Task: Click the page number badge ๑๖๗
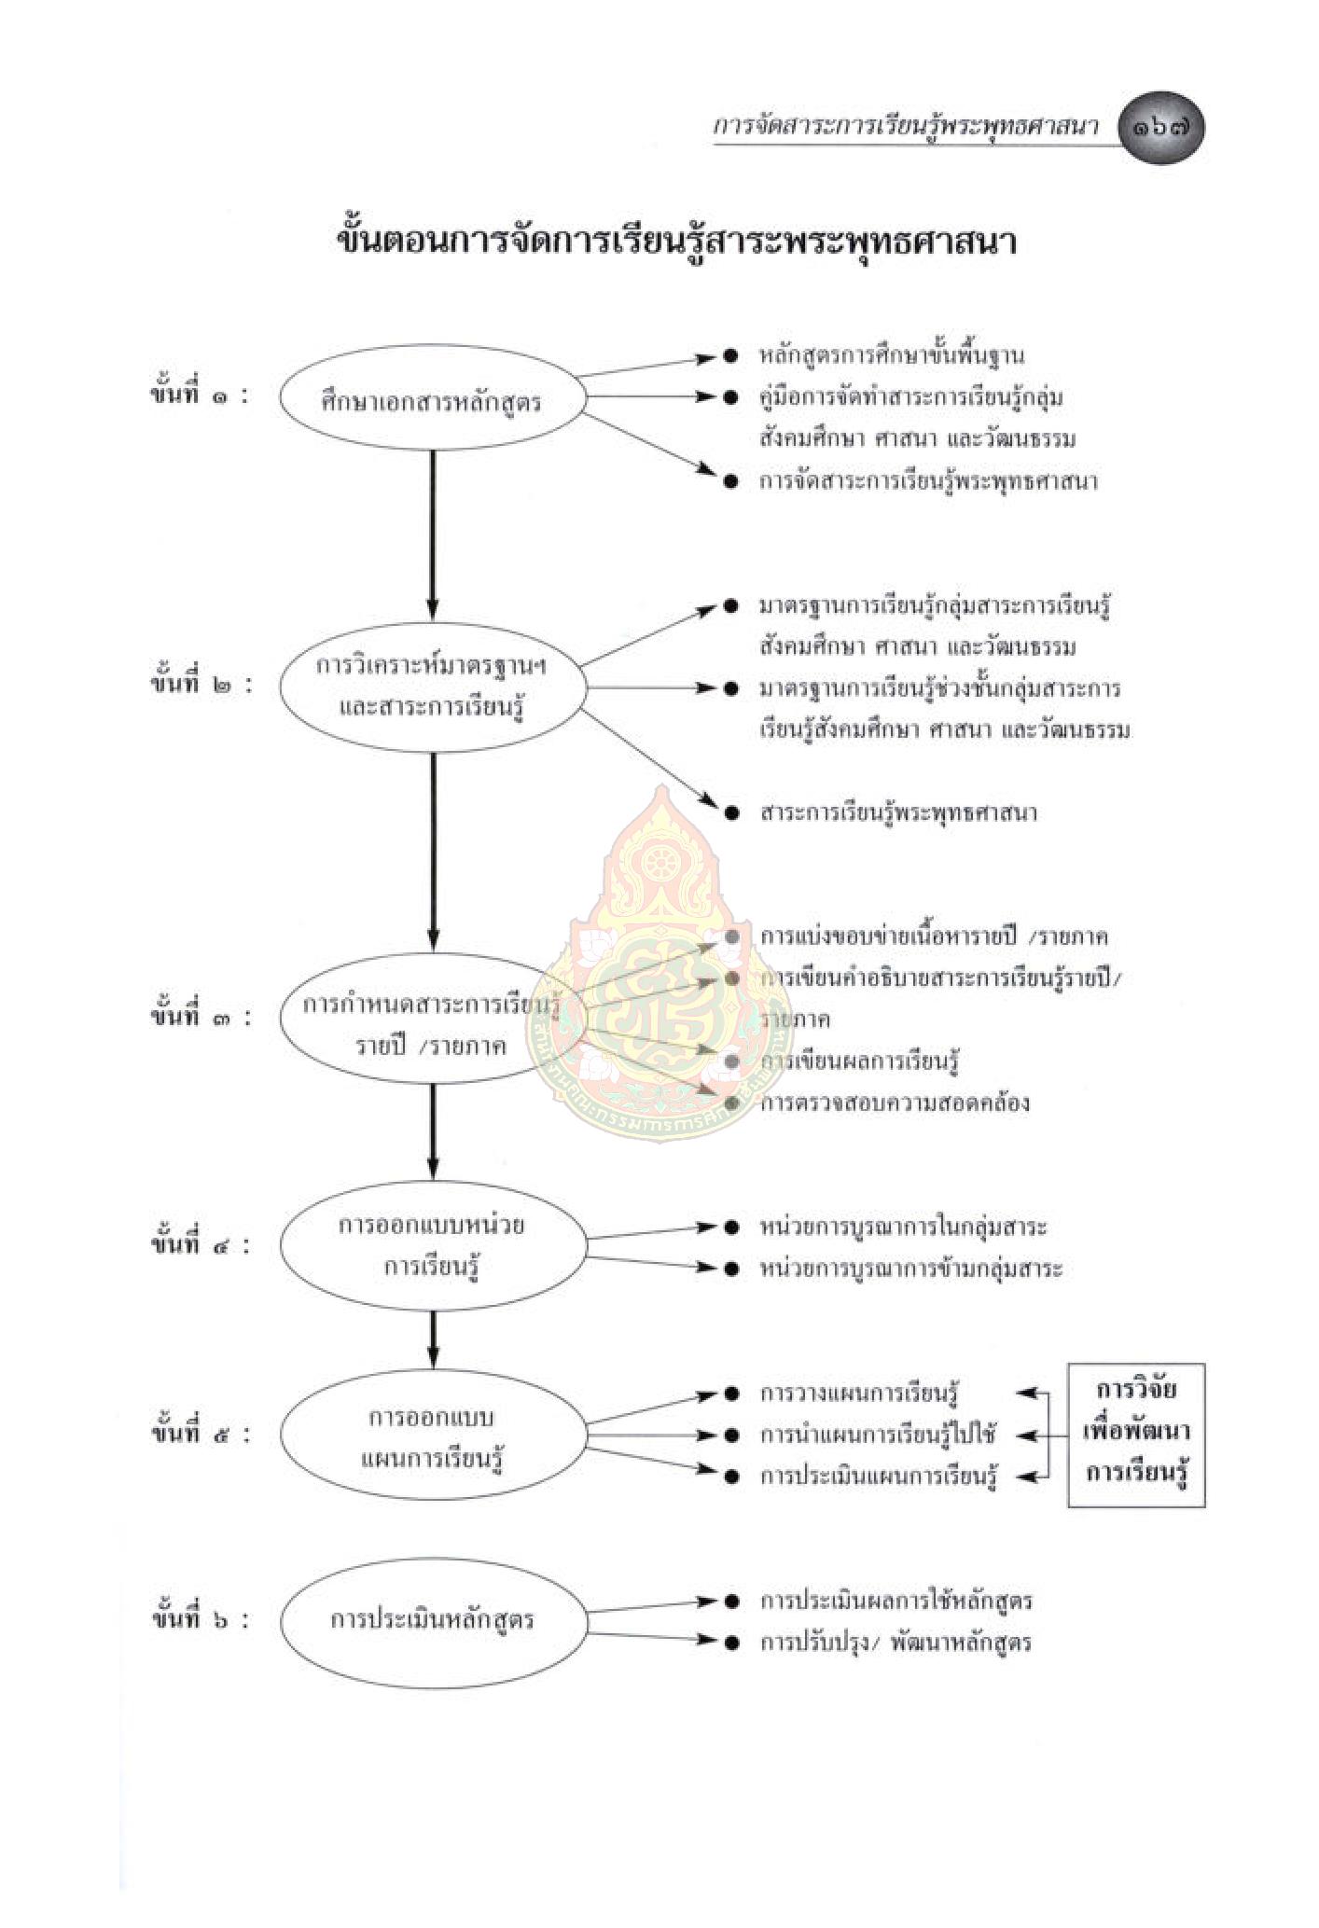coord(1160,128)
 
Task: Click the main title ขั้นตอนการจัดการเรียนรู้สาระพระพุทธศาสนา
coord(676,242)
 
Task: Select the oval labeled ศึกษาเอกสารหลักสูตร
coord(432,401)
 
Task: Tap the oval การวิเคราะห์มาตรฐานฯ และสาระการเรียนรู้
coord(432,687)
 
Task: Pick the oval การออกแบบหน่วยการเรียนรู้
coord(432,1245)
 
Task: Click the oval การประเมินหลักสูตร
coord(432,1619)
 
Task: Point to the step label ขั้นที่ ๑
coord(200,395)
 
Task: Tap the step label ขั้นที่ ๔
coord(200,1244)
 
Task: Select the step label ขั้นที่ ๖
coord(200,1618)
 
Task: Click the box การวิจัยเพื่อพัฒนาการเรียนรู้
coord(1136,1435)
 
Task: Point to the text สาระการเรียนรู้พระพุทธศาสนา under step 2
coord(897,812)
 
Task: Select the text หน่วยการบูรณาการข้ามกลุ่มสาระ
coord(910,1269)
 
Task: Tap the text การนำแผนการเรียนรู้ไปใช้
coord(878,1435)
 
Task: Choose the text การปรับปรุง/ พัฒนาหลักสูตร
coord(896,1643)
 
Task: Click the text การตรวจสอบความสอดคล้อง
coord(895,1103)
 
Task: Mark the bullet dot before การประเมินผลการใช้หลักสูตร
coord(732,1602)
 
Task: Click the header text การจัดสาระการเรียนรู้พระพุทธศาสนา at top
coord(905,127)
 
